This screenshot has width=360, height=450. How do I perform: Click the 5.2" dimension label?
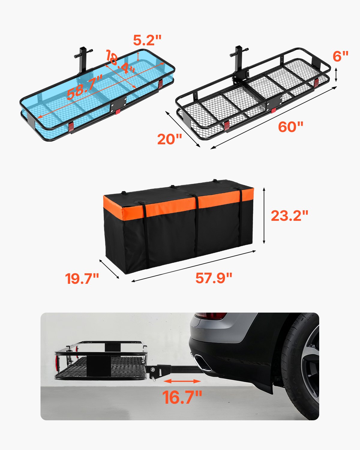147,40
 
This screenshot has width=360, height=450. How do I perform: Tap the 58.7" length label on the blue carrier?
85,87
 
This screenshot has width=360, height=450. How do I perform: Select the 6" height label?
340,56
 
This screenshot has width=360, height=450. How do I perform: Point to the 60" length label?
290,127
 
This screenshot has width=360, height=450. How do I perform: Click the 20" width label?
169,139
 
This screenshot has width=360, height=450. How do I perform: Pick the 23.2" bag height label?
289,216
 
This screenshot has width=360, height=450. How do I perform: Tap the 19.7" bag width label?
82,279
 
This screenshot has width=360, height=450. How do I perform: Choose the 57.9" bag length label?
214,278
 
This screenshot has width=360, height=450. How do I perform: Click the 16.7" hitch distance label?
182,397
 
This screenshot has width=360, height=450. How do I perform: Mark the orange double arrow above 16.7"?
182,381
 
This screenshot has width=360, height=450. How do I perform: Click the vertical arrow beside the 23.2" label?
264,215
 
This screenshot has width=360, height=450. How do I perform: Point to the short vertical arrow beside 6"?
336,75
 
